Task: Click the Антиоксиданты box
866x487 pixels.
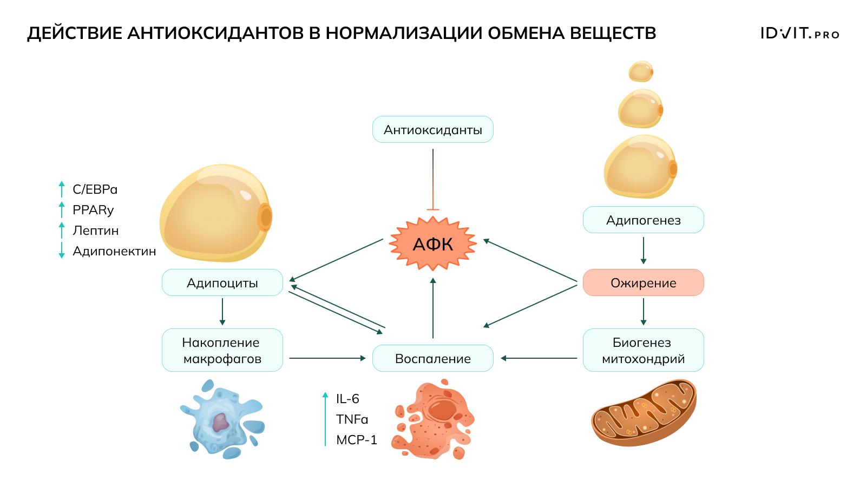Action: (432, 130)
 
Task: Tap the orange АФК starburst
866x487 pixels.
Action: (432, 244)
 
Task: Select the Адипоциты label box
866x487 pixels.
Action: (222, 282)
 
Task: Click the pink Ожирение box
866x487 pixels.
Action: (643, 282)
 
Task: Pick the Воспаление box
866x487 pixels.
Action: (432, 358)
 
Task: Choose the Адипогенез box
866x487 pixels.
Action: (643, 220)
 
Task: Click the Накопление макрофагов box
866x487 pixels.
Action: (222, 350)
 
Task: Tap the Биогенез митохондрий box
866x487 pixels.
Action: (643, 350)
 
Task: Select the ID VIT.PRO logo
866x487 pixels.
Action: (799, 34)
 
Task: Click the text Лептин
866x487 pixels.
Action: (96, 231)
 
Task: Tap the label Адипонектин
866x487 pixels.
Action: (114, 251)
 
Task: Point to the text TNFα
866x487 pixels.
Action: (352, 419)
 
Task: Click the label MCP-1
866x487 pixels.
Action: (356, 440)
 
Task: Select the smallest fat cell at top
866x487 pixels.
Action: (640, 71)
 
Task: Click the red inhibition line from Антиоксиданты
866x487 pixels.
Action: (432, 179)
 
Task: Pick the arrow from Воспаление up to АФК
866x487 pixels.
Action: (432, 308)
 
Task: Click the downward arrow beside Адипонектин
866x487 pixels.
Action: (62, 251)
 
